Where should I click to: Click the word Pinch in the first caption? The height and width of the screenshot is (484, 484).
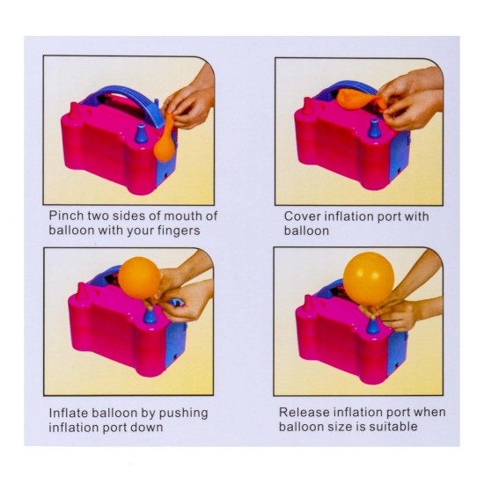point(66,216)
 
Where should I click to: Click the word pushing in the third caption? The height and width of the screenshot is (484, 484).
point(183,414)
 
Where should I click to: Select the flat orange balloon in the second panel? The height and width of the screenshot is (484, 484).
point(361,99)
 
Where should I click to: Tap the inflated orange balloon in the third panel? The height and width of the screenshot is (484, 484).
point(139,278)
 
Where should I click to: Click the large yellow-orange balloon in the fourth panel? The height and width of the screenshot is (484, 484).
point(369,278)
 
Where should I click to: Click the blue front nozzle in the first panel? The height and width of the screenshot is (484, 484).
point(142,134)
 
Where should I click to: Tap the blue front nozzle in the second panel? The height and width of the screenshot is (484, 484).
point(374,128)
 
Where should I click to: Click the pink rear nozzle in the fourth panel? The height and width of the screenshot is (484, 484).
point(308,304)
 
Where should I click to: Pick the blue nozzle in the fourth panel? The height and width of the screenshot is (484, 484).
point(372,326)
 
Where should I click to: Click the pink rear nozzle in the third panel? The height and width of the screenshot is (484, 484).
point(82,291)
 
